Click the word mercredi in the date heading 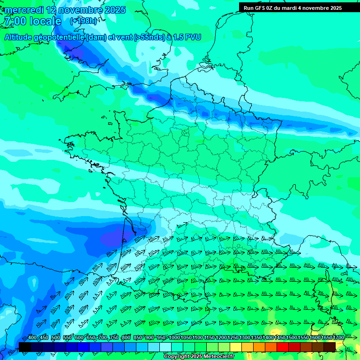point(24,10)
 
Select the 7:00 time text point(15,22)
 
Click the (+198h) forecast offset point(84,21)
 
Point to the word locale point(45,22)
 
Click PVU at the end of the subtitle point(193,37)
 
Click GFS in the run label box point(260,8)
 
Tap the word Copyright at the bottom point(176,357)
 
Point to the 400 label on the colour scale point(32,338)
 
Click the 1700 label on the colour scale point(338,338)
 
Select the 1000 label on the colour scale point(174,338)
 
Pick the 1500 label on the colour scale point(291,338)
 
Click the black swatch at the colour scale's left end point(24,347)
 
